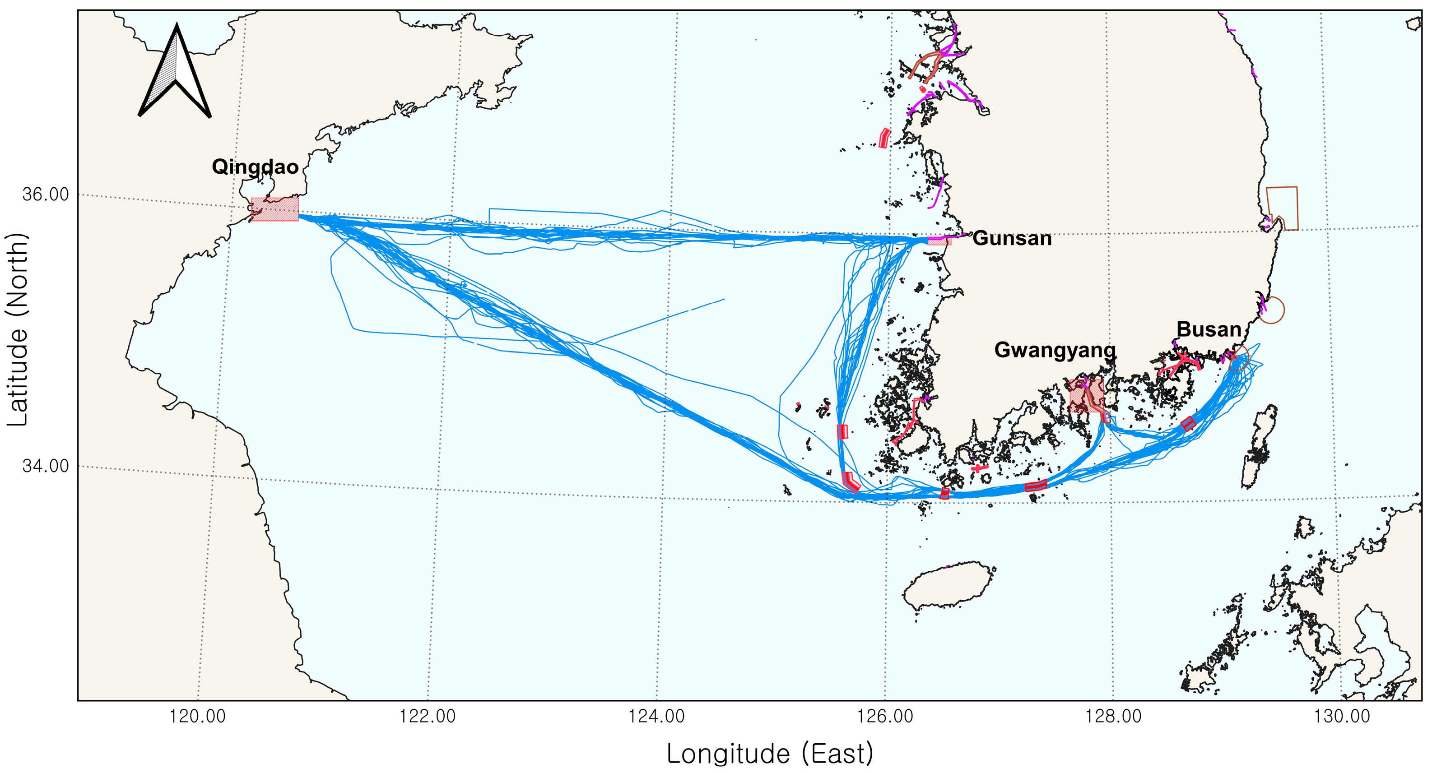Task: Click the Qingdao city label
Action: (x=255, y=167)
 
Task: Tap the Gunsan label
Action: (x=1012, y=238)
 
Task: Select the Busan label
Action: (x=1209, y=329)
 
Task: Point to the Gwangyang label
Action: (x=1055, y=350)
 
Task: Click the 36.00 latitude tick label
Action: (x=46, y=194)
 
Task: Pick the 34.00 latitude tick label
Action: (x=46, y=466)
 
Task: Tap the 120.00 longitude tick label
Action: (x=197, y=716)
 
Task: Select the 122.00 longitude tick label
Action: (x=427, y=716)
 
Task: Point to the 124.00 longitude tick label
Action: (x=656, y=716)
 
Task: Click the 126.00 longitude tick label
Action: (x=885, y=716)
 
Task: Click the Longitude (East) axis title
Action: (x=769, y=754)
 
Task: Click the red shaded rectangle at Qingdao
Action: (x=274, y=209)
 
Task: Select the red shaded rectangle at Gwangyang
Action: (x=1086, y=396)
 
